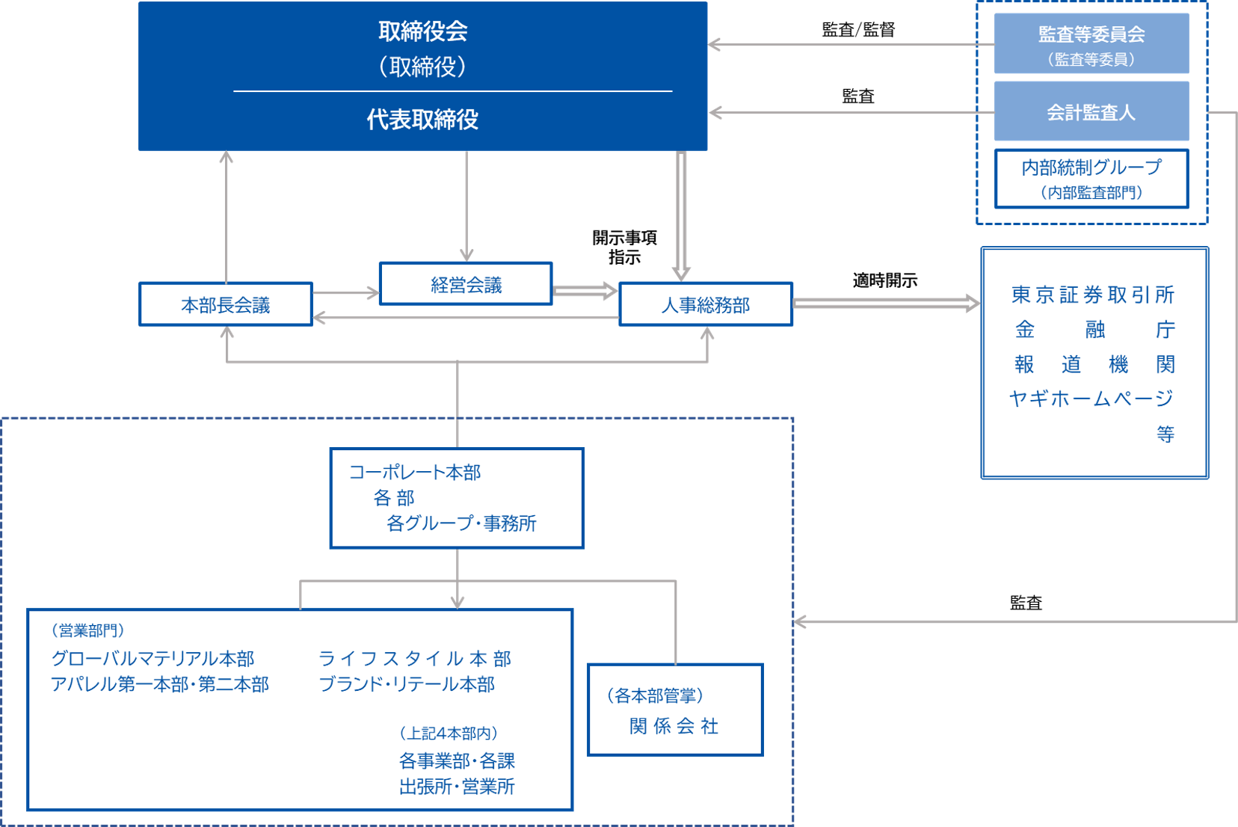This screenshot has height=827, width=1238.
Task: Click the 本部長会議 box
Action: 225,304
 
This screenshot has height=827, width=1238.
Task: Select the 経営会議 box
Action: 466,284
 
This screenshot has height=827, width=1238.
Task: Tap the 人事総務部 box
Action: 706,304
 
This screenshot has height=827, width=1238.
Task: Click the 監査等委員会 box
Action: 1091,43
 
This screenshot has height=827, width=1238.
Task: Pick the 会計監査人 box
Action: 1091,112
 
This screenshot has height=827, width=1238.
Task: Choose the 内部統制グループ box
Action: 1091,179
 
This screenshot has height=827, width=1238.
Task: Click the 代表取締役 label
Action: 422,120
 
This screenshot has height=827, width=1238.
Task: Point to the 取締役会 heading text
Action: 422,31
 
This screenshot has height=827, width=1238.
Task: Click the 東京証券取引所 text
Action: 1093,295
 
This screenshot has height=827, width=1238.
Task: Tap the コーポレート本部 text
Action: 415,473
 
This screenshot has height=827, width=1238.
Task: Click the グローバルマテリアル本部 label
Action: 153,659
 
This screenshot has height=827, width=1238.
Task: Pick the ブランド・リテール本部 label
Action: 407,684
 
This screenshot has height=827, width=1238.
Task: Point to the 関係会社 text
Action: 674,726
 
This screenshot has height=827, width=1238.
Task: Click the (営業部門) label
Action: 87,631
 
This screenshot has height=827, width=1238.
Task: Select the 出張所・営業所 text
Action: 457,787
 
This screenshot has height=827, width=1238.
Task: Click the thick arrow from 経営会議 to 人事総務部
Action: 585,291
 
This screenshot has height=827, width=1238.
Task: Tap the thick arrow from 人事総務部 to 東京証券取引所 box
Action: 886,303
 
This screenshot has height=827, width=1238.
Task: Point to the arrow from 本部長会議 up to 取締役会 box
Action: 227,216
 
